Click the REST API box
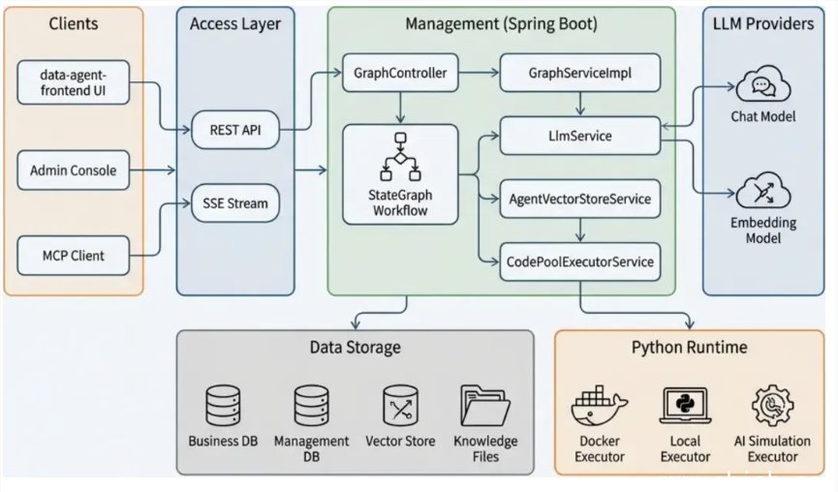pyautogui.click(x=236, y=129)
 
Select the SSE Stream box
pyautogui.click(x=236, y=203)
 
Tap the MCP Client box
pyautogui.click(x=74, y=257)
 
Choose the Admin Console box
pyautogui.click(x=74, y=170)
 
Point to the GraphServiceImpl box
pyautogui.click(x=579, y=73)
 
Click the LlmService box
pyautogui.click(x=579, y=137)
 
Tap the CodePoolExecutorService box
pyautogui.click(x=579, y=261)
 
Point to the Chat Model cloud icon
pyautogui.click(x=763, y=87)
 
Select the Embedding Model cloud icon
pyautogui.click(x=763, y=192)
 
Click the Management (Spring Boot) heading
pyautogui.click(x=501, y=23)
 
